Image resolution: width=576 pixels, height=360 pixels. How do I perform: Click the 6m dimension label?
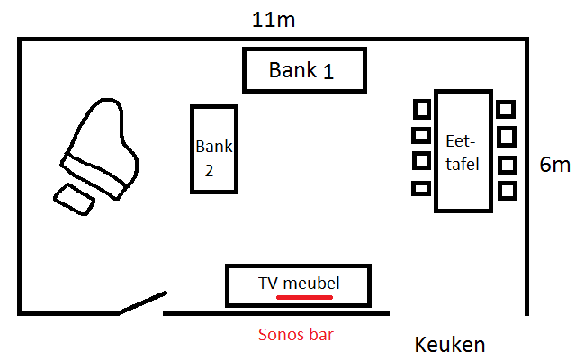(554, 165)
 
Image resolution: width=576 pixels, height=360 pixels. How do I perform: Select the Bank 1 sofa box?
(304, 69)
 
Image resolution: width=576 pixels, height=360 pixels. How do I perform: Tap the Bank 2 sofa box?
(214, 148)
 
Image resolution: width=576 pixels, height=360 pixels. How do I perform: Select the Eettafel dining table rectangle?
(463, 150)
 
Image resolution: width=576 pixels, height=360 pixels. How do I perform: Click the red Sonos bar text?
(295, 334)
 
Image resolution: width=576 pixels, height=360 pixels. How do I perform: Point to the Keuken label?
(450, 344)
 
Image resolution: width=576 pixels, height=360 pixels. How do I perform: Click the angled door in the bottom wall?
(142, 302)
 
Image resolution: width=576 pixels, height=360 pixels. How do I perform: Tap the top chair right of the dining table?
(507, 109)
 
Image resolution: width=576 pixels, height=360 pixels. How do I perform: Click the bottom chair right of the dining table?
(507, 190)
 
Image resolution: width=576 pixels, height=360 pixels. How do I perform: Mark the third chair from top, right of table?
(507, 165)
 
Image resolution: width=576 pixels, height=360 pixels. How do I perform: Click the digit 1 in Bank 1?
(328, 72)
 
